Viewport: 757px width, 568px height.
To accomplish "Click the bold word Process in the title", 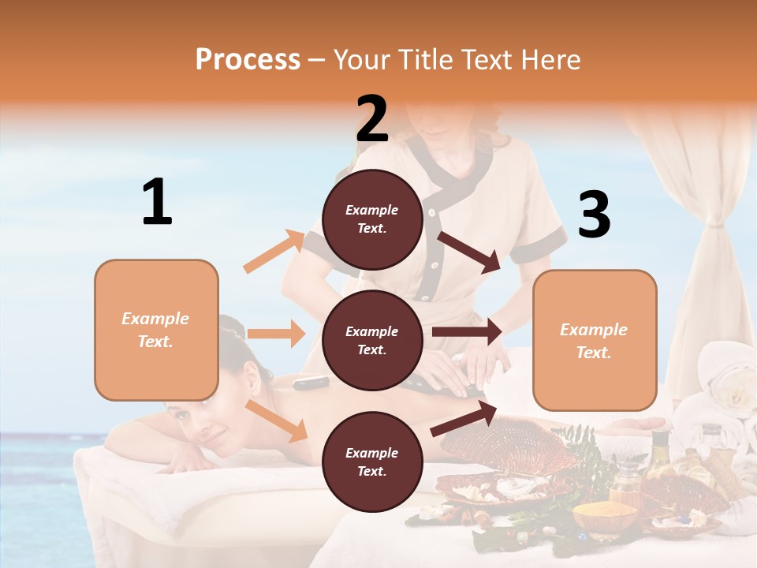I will [x=248, y=59].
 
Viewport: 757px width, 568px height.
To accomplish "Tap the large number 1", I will [x=157, y=202].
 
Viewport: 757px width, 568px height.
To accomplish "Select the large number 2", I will [x=372, y=118].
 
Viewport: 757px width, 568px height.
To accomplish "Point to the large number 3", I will [x=594, y=215].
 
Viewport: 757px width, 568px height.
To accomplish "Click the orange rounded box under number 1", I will [x=156, y=330].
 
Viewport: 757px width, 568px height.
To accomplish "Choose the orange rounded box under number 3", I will [x=595, y=340].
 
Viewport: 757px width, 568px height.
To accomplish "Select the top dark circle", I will [x=372, y=219].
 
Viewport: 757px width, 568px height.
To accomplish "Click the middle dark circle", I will [x=372, y=340].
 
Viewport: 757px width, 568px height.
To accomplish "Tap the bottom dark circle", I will [x=372, y=461].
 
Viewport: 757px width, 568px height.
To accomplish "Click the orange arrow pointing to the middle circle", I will [x=276, y=334].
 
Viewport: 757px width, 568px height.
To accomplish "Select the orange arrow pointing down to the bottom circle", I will [x=277, y=420].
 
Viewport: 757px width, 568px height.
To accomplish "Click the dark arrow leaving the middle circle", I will [x=467, y=332].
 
